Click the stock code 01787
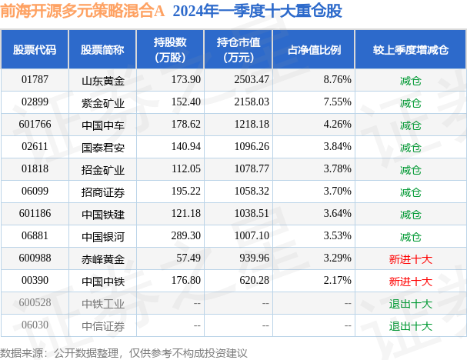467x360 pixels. [35, 79]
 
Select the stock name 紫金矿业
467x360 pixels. [102, 102]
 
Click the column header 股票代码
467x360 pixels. [35, 49]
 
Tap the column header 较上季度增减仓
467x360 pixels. [410, 49]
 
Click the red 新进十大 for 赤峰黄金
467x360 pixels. [410, 258]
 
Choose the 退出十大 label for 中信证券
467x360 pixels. [410, 325]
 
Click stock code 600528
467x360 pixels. [35, 303]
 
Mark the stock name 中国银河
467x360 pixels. [102, 236]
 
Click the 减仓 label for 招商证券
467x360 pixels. [410, 192]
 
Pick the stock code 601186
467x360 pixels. [35, 214]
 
